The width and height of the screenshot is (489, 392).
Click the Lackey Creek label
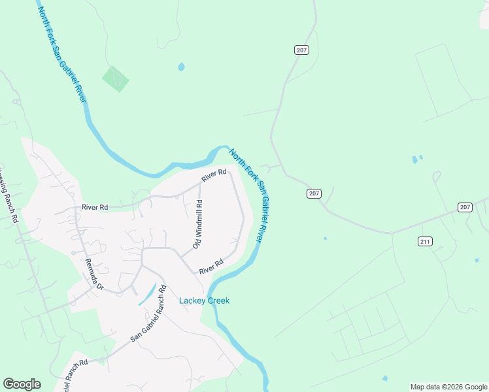204,301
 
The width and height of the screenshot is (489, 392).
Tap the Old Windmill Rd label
197,224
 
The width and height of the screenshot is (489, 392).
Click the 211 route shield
425,242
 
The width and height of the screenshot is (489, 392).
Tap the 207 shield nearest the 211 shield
464,207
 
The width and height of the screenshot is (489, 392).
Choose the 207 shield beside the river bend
314,193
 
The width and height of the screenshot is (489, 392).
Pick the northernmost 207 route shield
301,50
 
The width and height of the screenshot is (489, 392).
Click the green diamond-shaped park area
115,79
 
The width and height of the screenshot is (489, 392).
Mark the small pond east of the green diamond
181,67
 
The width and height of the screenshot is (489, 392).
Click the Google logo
22,384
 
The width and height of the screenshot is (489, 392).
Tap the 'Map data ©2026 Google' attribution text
448,387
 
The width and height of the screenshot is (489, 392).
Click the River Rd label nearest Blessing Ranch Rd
94,207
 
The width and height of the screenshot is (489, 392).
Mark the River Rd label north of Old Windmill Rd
214,175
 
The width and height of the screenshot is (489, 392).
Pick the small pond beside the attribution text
384,378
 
